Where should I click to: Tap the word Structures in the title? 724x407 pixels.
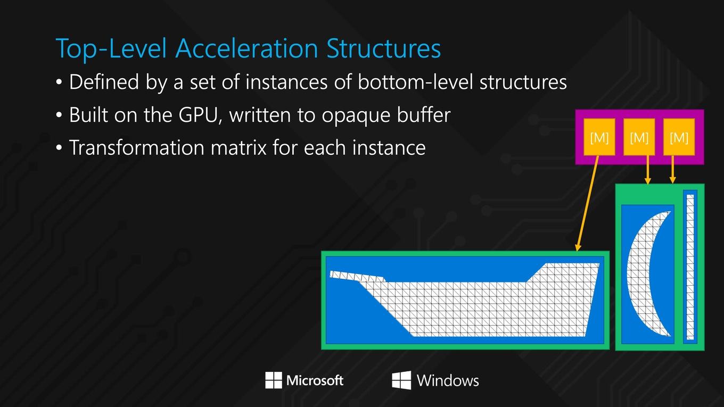click(384, 48)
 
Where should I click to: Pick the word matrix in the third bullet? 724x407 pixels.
click(239, 147)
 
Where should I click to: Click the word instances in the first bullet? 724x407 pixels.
click(286, 82)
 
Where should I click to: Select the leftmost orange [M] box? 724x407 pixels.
click(599, 137)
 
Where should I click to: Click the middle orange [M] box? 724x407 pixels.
click(639, 137)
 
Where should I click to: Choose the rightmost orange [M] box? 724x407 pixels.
click(679, 137)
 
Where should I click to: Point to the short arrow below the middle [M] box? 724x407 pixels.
click(647, 170)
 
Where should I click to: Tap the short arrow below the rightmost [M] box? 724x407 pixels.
click(672, 170)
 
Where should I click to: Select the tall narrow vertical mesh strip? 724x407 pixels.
click(690, 267)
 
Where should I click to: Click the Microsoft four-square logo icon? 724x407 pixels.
click(274, 380)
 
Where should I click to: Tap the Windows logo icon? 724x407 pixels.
click(401, 380)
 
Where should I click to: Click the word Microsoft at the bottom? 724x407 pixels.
click(315, 380)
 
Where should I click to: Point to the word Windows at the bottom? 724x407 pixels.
click(448, 380)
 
